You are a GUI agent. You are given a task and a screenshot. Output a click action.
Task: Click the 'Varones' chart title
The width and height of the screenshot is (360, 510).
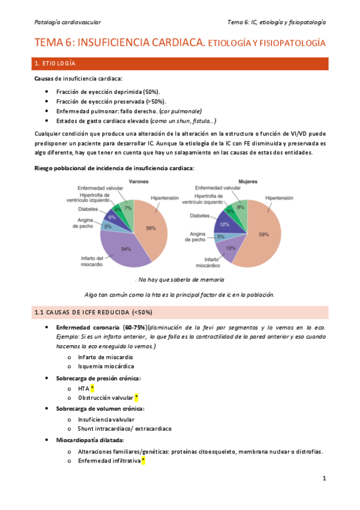point(134,181)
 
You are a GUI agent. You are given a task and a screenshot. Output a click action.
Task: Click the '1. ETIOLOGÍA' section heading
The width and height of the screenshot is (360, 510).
point(55,64)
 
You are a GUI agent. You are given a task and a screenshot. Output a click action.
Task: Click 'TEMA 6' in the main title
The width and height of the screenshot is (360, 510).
point(54,43)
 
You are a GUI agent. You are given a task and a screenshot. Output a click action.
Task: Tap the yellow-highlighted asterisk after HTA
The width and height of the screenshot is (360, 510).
point(93,388)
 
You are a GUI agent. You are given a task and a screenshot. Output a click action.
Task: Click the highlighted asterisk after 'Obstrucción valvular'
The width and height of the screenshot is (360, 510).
point(136,398)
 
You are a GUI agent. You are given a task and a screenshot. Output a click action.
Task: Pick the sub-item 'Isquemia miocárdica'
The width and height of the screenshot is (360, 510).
point(106,366)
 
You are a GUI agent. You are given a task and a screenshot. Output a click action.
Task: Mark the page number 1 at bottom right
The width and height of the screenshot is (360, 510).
point(323,479)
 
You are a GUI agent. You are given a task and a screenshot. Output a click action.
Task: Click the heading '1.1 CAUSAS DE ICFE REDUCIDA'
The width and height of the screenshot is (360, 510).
point(93,313)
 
